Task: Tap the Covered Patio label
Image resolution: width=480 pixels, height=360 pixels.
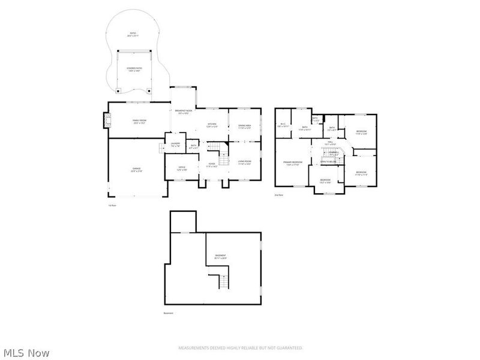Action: (x=134, y=70)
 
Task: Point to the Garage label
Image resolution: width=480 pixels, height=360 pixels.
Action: (x=137, y=170)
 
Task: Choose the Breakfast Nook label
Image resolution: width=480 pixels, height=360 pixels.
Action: (x=183, y=112)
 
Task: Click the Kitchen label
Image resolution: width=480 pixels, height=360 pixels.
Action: (x=212, y=125)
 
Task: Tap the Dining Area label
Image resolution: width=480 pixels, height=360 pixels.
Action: (x=244, y=127)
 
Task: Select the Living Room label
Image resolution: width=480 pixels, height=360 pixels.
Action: (x=244, y=162)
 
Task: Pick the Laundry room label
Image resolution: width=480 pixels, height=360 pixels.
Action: (x=175, y=145)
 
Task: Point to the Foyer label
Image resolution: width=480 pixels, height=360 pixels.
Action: (x=212, y=165)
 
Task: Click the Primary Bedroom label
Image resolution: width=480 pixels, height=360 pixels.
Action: (x=292, y=163)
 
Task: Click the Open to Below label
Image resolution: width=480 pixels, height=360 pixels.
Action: (x=328, y=161)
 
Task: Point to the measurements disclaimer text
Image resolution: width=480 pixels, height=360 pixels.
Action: (x=240, y=348)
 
